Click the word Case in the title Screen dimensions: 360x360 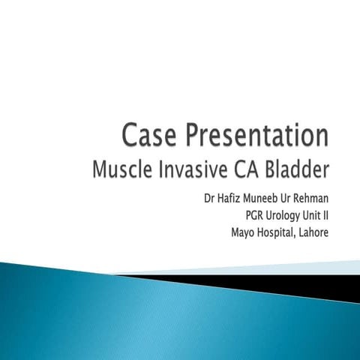(151, 137)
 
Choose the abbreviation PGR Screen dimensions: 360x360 (245, 216)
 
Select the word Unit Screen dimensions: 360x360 (311, 216)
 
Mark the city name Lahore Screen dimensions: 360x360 (315, 231)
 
